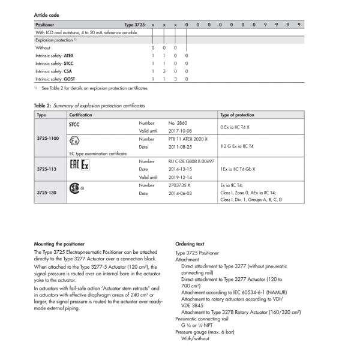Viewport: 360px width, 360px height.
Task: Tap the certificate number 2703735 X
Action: click(182, 185)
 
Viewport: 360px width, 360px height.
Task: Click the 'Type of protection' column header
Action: click(238, 114)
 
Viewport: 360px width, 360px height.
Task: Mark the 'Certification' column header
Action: click(81, 114)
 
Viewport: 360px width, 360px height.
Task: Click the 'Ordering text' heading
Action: click(190, 244)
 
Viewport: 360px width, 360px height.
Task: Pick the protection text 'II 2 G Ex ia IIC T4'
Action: click(241, 146)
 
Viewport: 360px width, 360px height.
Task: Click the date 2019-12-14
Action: click(180, 177)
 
